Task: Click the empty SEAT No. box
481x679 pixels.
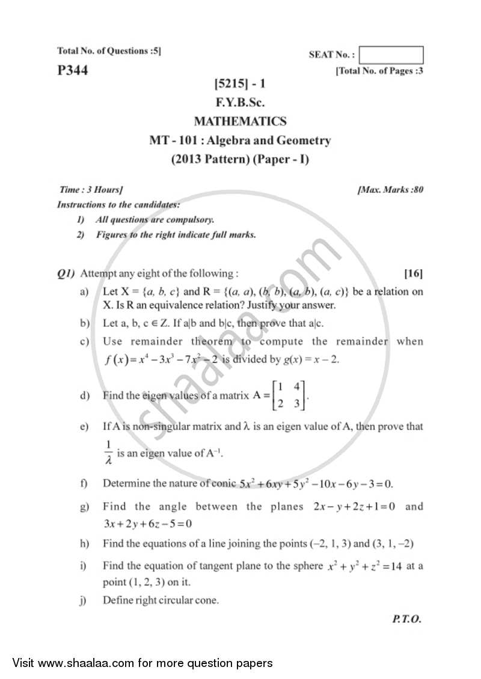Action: [391, 55]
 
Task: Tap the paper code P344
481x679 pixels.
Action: [72, 71]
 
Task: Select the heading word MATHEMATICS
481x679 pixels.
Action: [240, 121]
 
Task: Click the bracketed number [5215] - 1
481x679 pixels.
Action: [240, 85]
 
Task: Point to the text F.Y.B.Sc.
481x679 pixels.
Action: [240, 103]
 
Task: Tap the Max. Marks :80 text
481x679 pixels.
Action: [390, 190]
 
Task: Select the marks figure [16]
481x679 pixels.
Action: [413, 274]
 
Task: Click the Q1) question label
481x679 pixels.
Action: [66, 274]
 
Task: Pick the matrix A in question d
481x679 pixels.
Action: [289, 395]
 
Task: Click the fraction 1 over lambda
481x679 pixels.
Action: [108, 452]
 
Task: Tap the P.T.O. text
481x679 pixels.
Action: [406, 620]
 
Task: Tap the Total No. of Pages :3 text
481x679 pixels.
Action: [379, 71]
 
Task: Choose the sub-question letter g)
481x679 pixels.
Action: [84, 507]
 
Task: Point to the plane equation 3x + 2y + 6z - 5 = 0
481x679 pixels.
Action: [147, 523]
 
